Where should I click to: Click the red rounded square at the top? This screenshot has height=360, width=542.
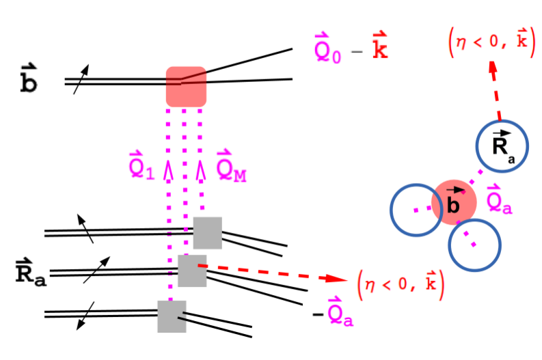(186, 86)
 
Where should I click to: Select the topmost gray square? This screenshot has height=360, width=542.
(207, 233)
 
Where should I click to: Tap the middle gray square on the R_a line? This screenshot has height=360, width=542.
(192, 271)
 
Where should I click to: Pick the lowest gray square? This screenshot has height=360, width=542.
(172, 316)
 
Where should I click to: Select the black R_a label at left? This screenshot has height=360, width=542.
(31, 273)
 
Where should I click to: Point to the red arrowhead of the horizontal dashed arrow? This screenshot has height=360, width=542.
(334, 279)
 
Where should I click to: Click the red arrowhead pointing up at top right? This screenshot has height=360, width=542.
(490, 69)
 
